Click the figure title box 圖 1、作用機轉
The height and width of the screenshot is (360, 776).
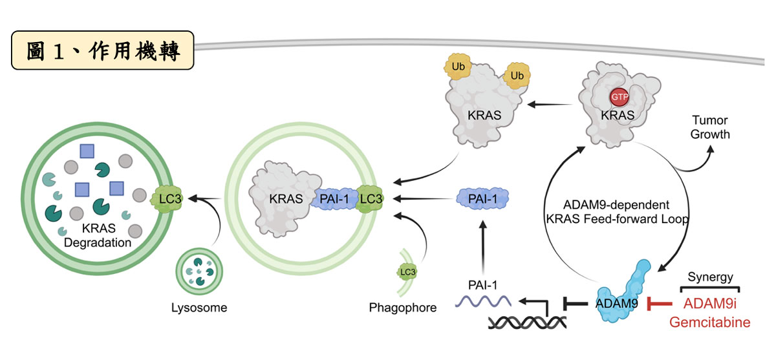click(x=103, y=50)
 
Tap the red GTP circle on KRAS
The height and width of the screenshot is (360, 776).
click(x=620, y=97)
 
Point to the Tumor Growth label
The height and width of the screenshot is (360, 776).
click(x=710, y=127)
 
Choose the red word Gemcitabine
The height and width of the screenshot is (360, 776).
click(x=710, y=322)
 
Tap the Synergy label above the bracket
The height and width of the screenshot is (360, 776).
click(x=710, y=277)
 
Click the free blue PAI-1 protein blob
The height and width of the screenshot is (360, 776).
click(x=482, y=198)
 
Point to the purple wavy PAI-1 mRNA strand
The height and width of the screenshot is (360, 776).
click(x=483, y=301)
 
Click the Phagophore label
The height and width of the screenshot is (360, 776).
click(x=402, y=308)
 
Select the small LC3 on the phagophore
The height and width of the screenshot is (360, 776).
click(x=407, y=271)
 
